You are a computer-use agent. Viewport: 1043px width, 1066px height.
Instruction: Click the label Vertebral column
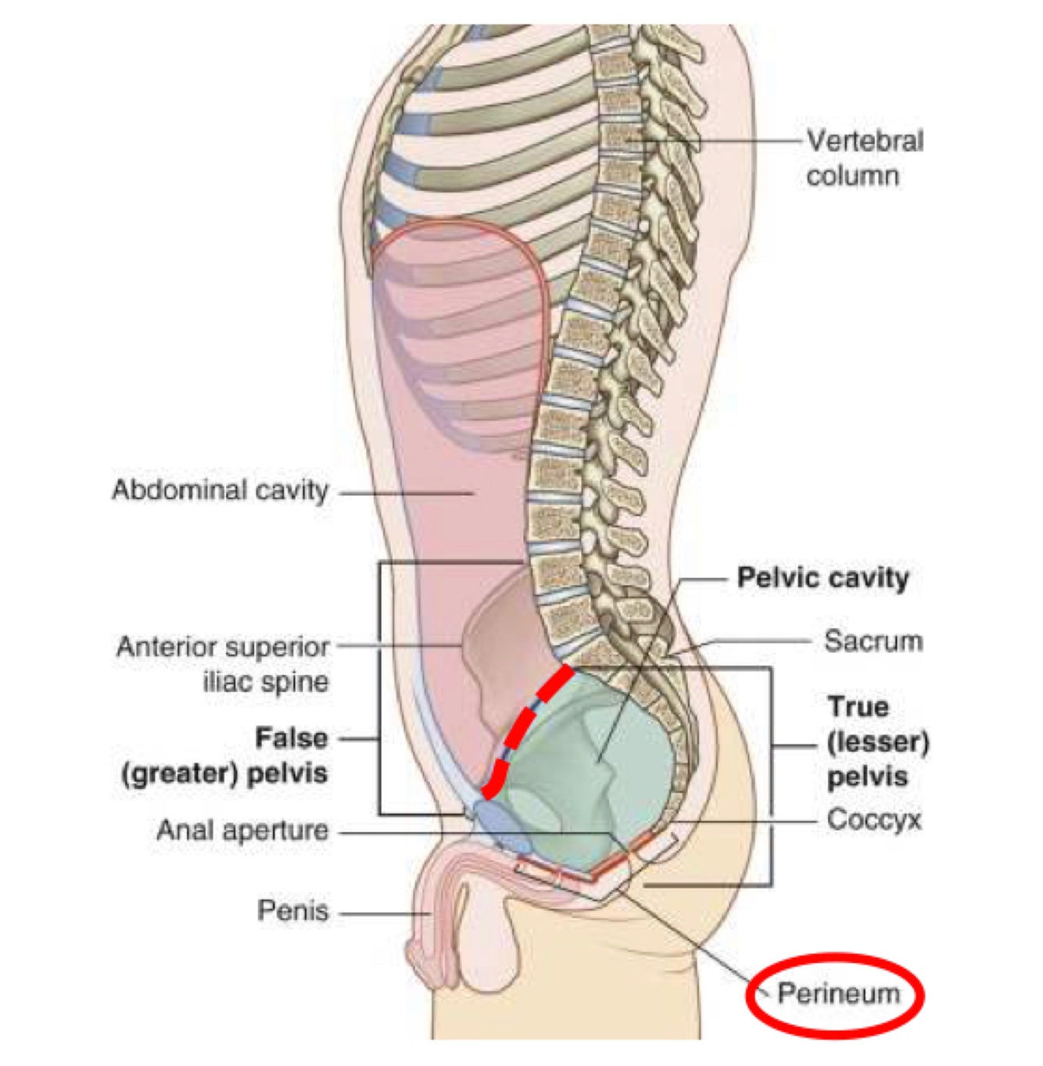click(x=864, y=158)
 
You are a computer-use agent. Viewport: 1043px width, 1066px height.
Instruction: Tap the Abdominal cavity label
click(x=220, y=491)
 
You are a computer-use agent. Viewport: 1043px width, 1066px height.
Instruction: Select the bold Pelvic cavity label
click(x=823, y=579)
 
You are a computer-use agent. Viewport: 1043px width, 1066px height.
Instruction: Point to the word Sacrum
click(x=873, y=641)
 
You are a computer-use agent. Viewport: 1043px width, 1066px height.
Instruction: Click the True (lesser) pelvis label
click(x=877, y=741)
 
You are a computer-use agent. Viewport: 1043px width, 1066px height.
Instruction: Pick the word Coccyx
click(x=873, y=820)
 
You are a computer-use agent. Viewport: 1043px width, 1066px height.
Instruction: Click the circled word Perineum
click(x=838, y=994)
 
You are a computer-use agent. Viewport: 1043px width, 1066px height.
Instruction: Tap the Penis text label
click(x=292, y=911)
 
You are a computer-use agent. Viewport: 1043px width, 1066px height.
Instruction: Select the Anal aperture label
click(x=242, y=831)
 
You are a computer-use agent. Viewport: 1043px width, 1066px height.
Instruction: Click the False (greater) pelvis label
click(x=225, y=756)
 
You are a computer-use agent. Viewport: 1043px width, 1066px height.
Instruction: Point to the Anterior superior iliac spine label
click(x=224, y=664)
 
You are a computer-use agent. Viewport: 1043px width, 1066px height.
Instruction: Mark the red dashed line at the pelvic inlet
click(x=525, y=727)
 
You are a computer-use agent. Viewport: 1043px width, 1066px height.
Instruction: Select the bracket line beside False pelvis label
click(x=380, y=688)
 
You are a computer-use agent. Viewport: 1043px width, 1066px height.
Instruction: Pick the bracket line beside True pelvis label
click(x=772, y=774)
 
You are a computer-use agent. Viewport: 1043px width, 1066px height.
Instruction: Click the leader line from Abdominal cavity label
click(x=407, y=494)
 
